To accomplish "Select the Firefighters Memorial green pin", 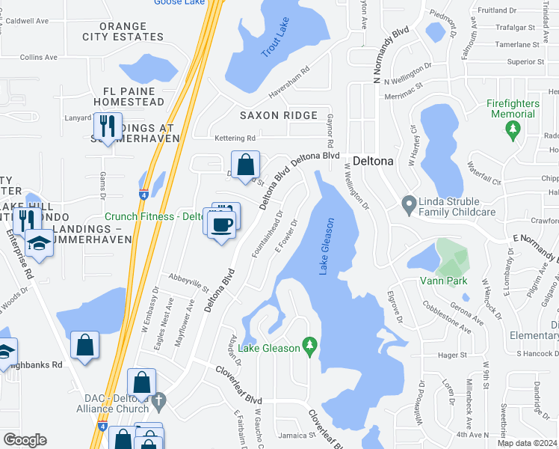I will coord(513,130).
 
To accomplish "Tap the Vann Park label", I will coord(448,281).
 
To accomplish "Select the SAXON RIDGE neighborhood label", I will coord(278,115).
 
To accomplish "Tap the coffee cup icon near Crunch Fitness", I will coord(220,224).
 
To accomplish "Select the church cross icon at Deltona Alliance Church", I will coord(157,403).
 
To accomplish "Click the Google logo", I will coord(25,440).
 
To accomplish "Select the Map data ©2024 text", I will coord(528,443).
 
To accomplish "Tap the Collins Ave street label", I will coord(38,57).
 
